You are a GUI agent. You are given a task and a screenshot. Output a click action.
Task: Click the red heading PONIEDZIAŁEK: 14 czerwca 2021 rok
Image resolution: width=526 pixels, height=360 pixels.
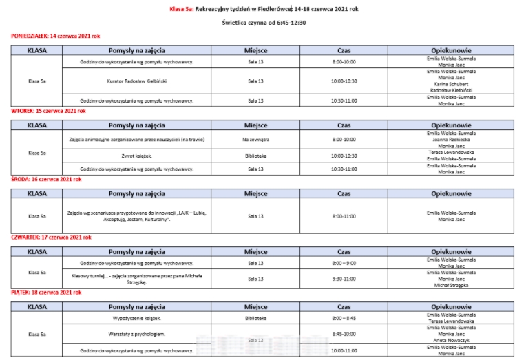click(55, 35)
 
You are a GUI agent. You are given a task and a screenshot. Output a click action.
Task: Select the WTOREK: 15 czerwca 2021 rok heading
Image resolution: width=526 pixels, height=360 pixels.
click(48, 110)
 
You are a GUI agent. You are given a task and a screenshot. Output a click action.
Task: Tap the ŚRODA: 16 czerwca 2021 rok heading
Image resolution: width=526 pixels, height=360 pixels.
click(46, 179)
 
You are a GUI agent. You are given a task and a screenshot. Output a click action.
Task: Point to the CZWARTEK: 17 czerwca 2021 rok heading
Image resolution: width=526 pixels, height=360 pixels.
click(51, 237)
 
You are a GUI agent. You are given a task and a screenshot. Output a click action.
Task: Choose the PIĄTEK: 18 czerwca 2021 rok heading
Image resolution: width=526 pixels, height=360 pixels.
click(46, 293)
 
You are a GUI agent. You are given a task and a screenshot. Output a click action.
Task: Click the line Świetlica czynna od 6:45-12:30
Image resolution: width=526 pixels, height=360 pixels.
click(264, 23)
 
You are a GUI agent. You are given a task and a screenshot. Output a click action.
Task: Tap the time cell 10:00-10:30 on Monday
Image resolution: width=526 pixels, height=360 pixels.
click(344, 81)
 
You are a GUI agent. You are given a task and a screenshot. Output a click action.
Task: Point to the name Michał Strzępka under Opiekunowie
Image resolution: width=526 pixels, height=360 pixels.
click(450, 284)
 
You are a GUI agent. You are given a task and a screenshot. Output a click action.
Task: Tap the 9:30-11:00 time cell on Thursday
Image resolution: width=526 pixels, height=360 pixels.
click(344, 279)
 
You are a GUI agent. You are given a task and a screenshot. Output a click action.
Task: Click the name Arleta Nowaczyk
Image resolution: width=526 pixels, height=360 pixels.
click(450, 340)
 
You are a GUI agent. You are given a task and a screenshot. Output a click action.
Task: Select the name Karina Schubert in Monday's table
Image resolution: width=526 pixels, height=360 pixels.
click(450, 85)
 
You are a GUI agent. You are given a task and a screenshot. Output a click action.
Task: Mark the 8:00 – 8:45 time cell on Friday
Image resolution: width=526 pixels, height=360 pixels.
click(344, 318)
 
